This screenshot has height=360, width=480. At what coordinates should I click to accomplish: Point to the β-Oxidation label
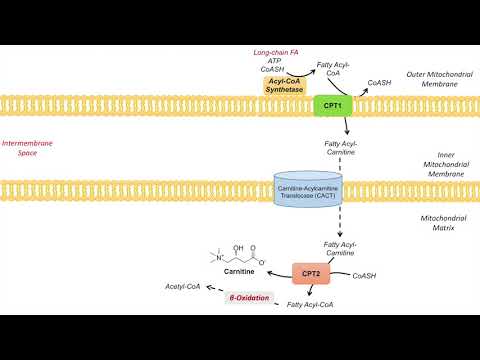[251, 297]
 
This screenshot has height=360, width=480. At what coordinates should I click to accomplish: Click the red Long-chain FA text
[276, 50]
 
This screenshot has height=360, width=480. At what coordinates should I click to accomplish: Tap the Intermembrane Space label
[28, 148]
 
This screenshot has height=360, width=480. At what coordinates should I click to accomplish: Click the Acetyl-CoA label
[183, 286]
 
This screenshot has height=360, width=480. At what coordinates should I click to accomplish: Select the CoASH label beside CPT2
[364, 275]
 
